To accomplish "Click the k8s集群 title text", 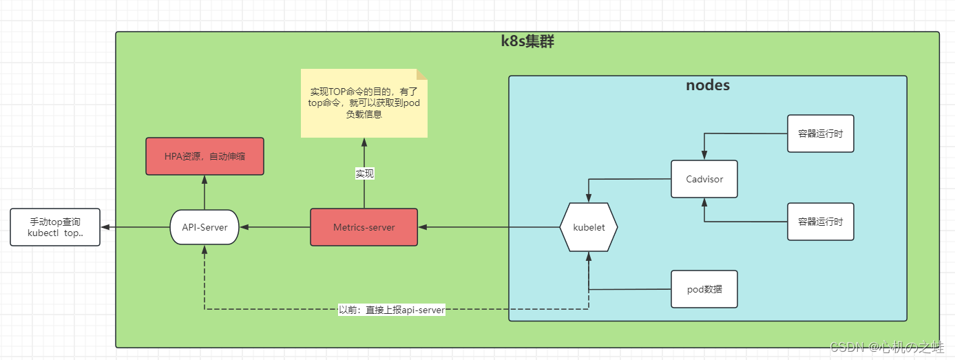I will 527,42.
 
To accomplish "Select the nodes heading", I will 708,85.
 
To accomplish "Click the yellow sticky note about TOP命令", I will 364,103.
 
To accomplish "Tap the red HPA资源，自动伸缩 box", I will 204,156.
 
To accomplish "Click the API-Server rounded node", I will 204,227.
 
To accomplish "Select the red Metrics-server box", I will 364,227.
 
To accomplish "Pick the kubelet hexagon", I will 589,227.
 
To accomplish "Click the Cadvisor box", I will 704,180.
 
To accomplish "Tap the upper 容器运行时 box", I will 820,134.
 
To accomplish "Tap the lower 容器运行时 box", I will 820,222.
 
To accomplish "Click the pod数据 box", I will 704,289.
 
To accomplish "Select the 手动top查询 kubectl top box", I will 55,227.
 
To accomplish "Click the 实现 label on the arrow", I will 364,174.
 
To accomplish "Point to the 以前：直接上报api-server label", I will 392,310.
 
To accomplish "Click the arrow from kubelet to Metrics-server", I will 489,227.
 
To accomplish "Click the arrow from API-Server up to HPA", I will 204,193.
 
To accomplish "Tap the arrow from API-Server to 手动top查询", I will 135,227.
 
